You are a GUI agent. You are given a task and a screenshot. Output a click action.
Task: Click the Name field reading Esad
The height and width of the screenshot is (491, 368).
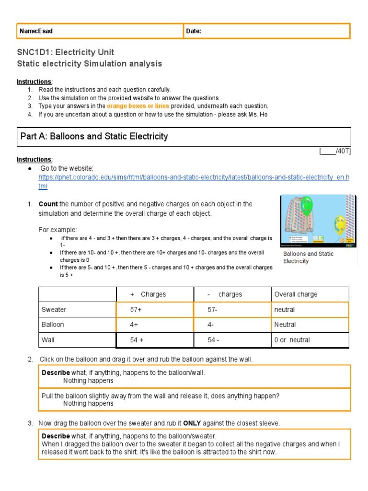[x=36, y=31]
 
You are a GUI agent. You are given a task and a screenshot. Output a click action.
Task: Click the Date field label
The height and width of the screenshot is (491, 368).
[x=194, y=31]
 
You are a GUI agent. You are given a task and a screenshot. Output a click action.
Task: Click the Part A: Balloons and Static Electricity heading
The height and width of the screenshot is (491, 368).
[x=94, y=137]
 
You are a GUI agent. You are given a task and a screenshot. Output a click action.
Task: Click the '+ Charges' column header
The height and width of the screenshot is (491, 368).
[x=148, y=294]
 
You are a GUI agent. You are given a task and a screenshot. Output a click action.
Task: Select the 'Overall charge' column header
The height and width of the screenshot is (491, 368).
[x=296, y=294]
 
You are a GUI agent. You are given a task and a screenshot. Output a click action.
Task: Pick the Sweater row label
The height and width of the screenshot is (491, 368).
[x=54, y=310]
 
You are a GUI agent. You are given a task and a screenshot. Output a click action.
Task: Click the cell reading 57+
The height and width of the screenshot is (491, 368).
[x=137, y=310]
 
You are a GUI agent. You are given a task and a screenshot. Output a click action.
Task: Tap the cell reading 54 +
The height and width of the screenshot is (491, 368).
[x=140, y=340]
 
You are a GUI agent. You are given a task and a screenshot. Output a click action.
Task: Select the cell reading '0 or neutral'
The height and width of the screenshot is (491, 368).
[x=292, y=340]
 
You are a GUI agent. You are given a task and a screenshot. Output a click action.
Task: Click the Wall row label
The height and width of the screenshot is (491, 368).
[x=48, y=340]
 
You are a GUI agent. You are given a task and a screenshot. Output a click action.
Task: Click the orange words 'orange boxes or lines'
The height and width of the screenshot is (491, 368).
[x=138, y=106]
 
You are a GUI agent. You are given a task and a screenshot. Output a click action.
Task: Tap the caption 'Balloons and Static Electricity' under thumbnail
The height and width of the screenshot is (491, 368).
[x=309, y=257]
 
